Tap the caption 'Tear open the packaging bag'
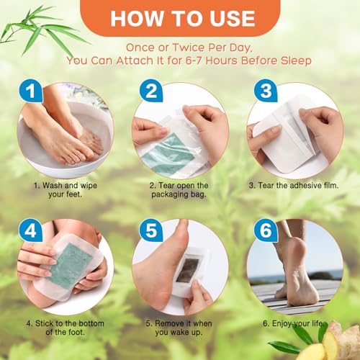(179, 190)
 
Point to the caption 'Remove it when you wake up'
(179, 330)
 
